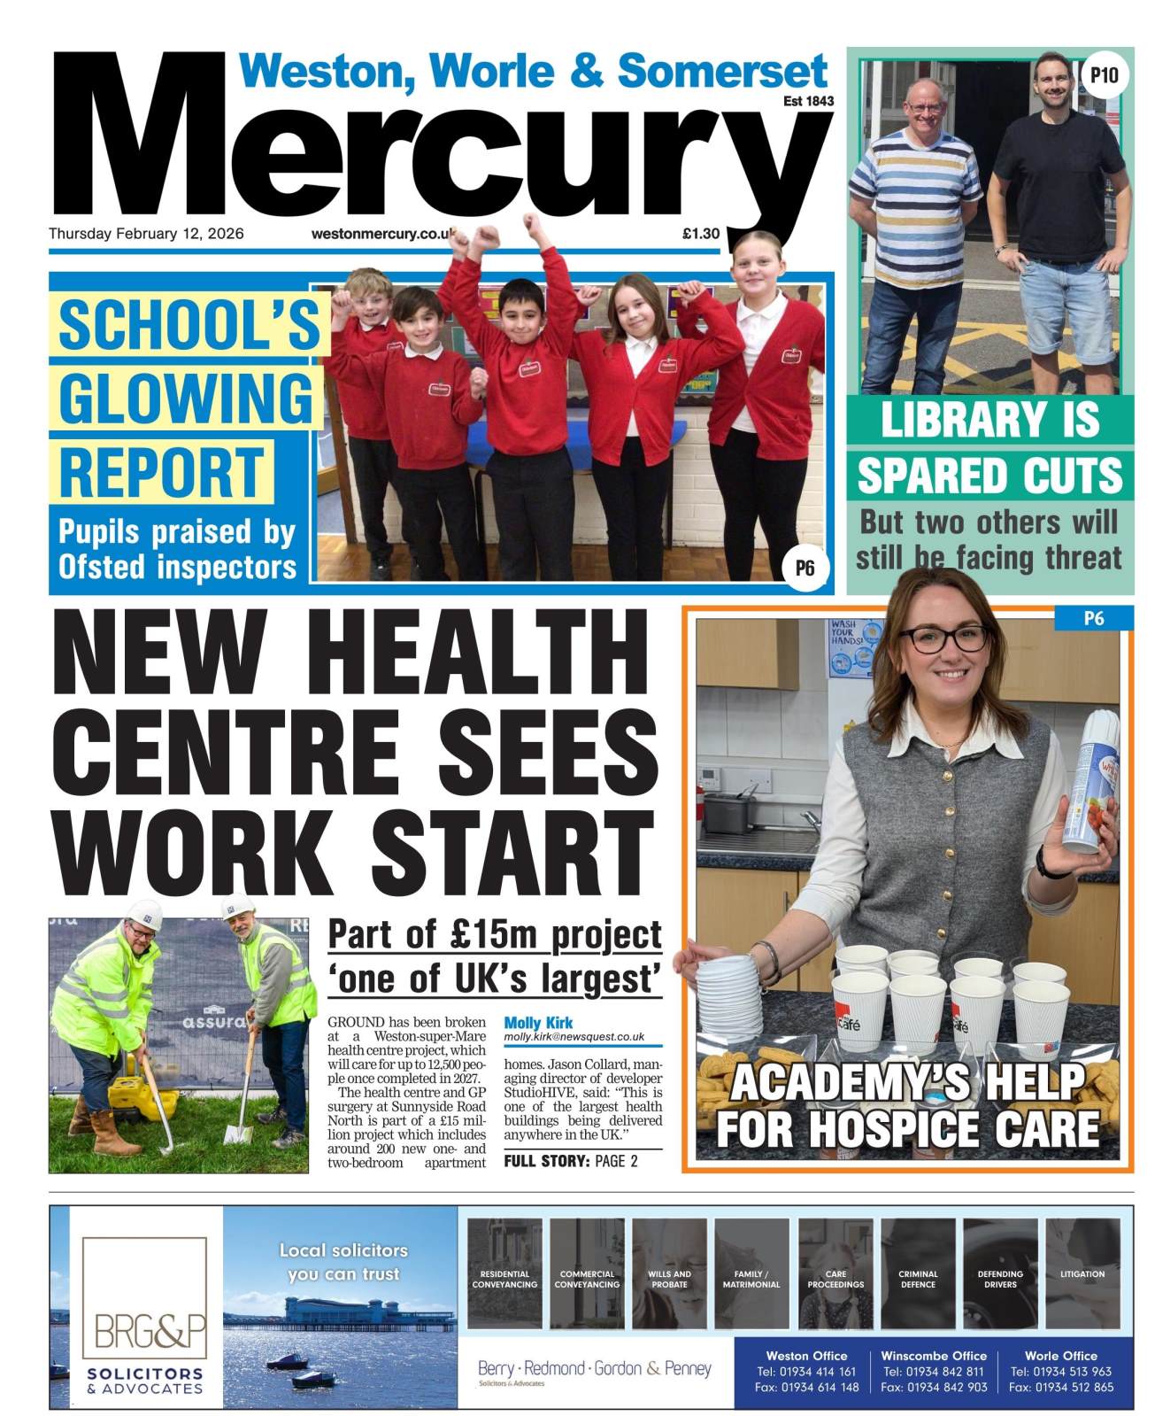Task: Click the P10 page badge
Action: (x=1105, y=76)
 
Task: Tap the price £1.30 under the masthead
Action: (x=700, y=234)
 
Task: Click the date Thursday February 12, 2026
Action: (x=146, y=234)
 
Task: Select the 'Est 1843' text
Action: (x=808, y=101)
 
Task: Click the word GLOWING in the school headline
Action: (x=186, y=398)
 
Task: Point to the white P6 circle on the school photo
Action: (x=804, y=568)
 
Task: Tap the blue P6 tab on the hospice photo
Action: (x=1094, y=618)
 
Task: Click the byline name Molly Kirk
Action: (x=538, y=1023)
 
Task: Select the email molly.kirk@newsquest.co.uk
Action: (x=574, y=1037)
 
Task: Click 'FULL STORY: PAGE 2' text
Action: (x=571, y=1161)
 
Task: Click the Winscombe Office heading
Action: (x=934, y=1356)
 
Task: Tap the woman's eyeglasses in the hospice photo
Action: (x=947, y=639)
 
